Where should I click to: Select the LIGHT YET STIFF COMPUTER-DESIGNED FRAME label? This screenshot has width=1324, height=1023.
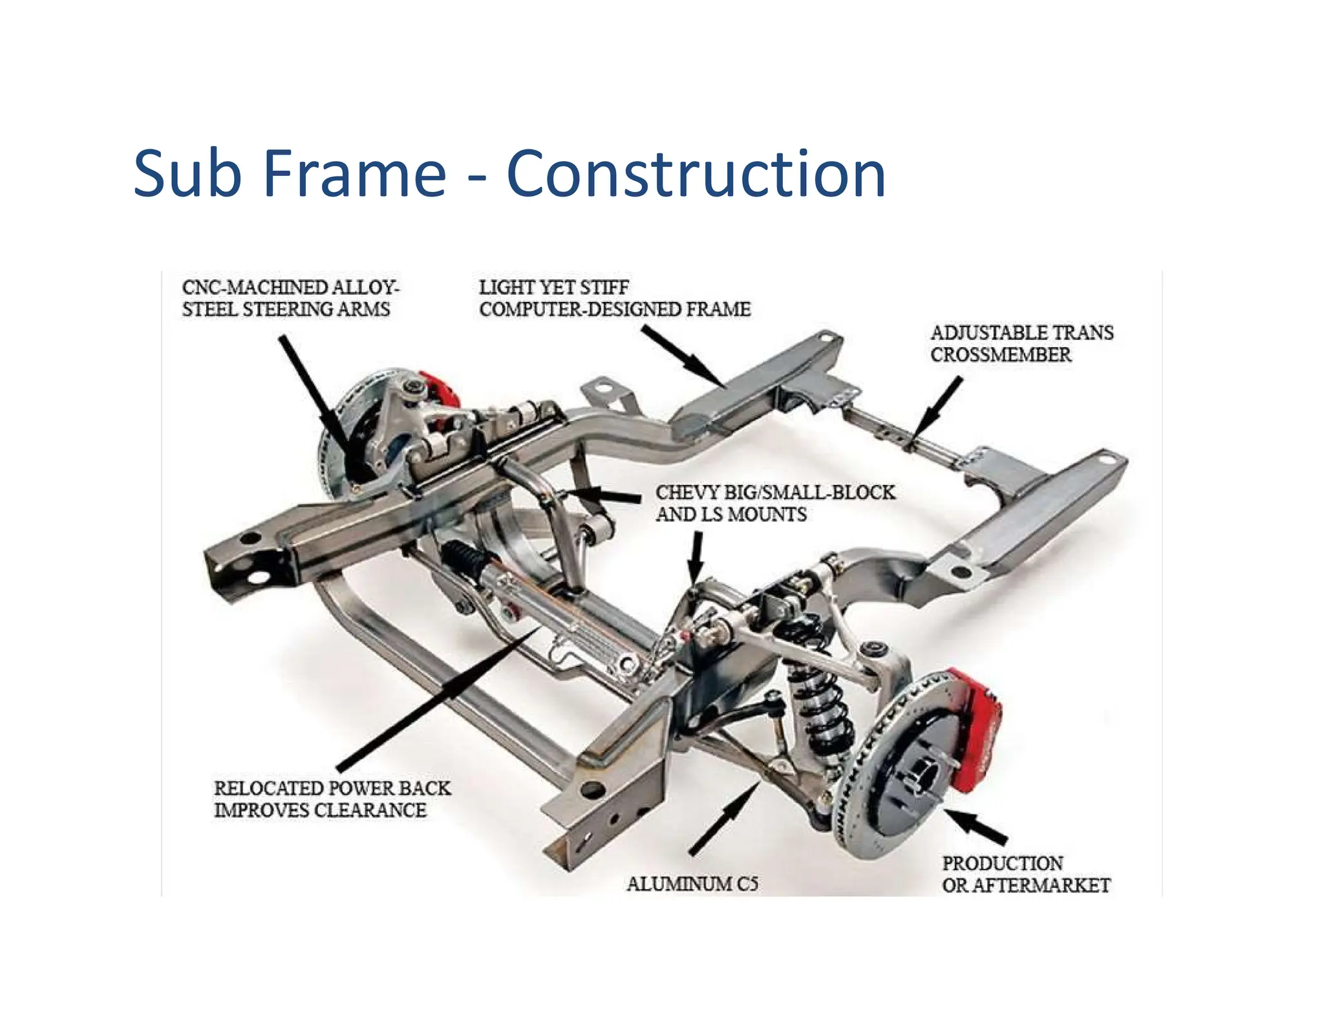pyautogui.click(x=614, y=298)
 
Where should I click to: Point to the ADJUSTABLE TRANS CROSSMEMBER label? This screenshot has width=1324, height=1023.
pyautogui.click(x=1021, y=343)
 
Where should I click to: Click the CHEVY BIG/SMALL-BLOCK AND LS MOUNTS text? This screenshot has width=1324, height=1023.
pyautogui.click(x=774, y=503)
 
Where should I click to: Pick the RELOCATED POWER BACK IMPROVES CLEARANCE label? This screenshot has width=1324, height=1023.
pyautogui.click(x=332, y=799)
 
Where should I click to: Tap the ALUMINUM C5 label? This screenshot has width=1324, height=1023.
pyautogui.click(x=692, y=883)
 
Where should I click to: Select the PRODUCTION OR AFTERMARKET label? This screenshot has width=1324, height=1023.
pyautogui.click(x=1025, y=874)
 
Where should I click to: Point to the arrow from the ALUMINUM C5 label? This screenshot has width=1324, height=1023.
pyautogui.click(x=724, y=818)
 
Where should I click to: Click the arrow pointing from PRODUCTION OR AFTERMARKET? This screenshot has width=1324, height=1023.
pyautogui.click(x=976, y=826)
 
